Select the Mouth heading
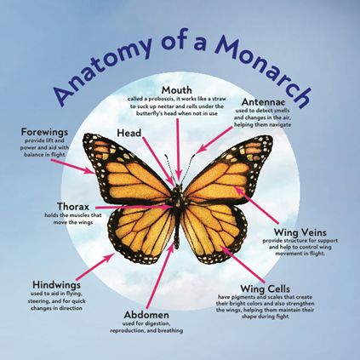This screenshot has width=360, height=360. coord(177,90)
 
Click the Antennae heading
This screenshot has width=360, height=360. coord(264,102)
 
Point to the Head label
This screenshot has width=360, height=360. coord(129,133)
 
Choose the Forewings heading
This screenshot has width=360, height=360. coord(44,132)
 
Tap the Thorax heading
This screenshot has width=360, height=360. coord(73,206)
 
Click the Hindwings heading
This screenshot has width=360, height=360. coord(56,284)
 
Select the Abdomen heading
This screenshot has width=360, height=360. coord(146,315)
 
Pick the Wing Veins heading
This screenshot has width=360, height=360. coord(300,232)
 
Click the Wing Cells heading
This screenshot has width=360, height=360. coord(266,289)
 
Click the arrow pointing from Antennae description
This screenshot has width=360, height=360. coord(214,140)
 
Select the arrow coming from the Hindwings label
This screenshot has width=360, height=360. coord(95,266)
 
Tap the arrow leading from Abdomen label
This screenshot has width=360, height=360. coord(160,275)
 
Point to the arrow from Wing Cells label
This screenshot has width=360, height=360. coord(243,264)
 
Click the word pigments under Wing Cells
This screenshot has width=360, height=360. coord(242,297)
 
